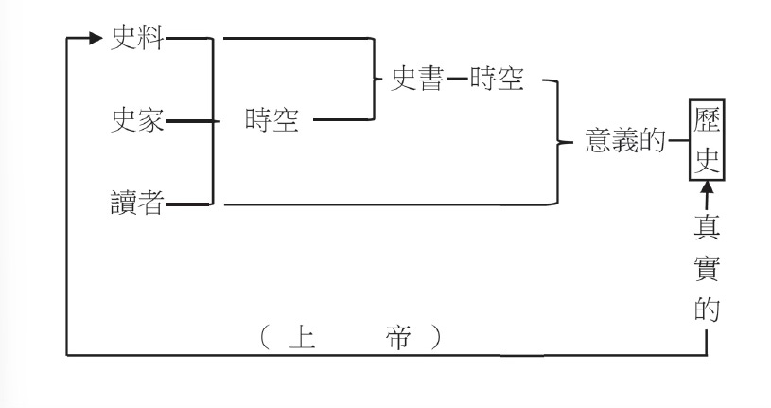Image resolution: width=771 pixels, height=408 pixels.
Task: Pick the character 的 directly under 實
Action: coord(705,311)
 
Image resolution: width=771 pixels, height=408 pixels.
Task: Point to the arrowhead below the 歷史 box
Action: coord(705,193)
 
